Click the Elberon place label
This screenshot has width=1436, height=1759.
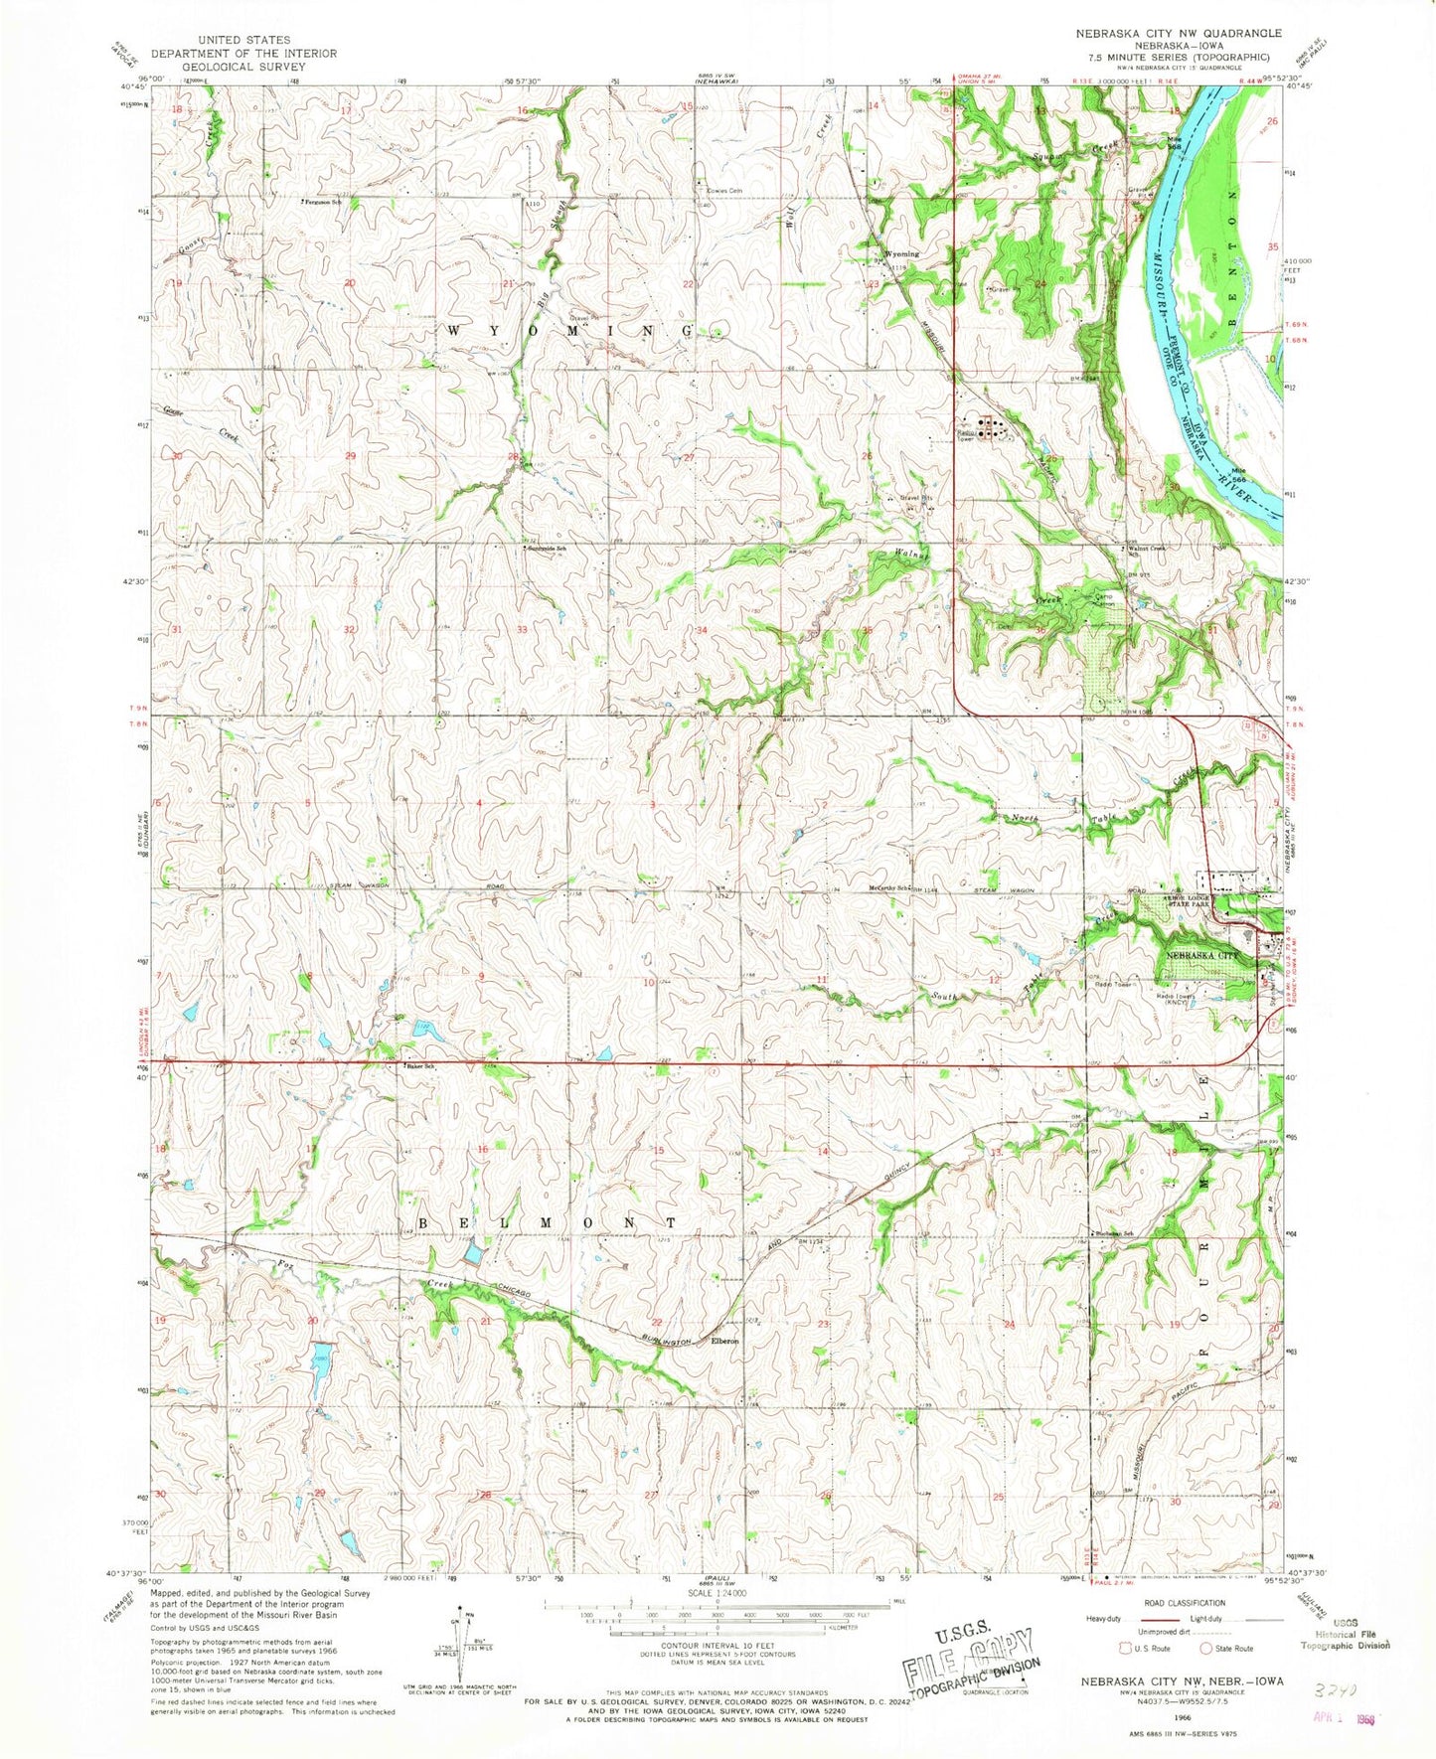723,1341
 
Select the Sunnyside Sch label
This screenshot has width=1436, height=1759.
548,548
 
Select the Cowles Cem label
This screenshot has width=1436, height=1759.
723,190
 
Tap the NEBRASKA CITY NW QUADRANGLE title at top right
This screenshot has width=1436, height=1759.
1178,33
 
